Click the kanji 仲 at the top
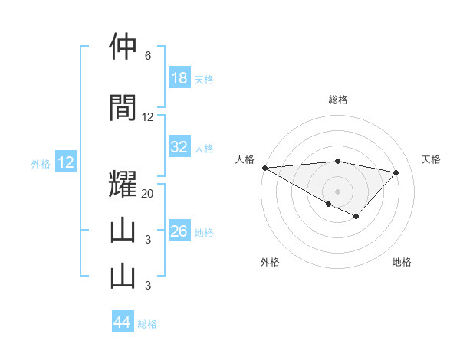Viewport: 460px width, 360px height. coord(123,47)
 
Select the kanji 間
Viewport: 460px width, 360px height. coord(123,108)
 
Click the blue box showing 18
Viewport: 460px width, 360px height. coord(179,78)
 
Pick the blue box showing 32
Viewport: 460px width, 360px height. coord(179,147)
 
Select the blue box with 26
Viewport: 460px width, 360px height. coord(179,231)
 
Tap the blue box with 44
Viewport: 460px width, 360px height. coord(123,322)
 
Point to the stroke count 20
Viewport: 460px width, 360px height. coord(148,194)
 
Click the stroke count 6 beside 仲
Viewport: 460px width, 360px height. coord(148,56)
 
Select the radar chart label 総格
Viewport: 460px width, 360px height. coord(337,100)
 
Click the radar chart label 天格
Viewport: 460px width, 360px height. coord(431,159)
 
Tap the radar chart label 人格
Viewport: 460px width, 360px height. coord(245,159)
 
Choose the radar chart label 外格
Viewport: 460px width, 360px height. coord(270,262)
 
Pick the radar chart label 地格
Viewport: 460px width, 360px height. coord(402,262)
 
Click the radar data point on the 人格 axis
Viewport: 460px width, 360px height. coord(264,168)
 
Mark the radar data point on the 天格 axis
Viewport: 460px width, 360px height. coord(396,172)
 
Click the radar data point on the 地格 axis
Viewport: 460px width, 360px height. coord(356,218)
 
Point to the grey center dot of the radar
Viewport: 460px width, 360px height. coord(337,191)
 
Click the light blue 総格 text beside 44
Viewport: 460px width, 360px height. coord(147,323)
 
